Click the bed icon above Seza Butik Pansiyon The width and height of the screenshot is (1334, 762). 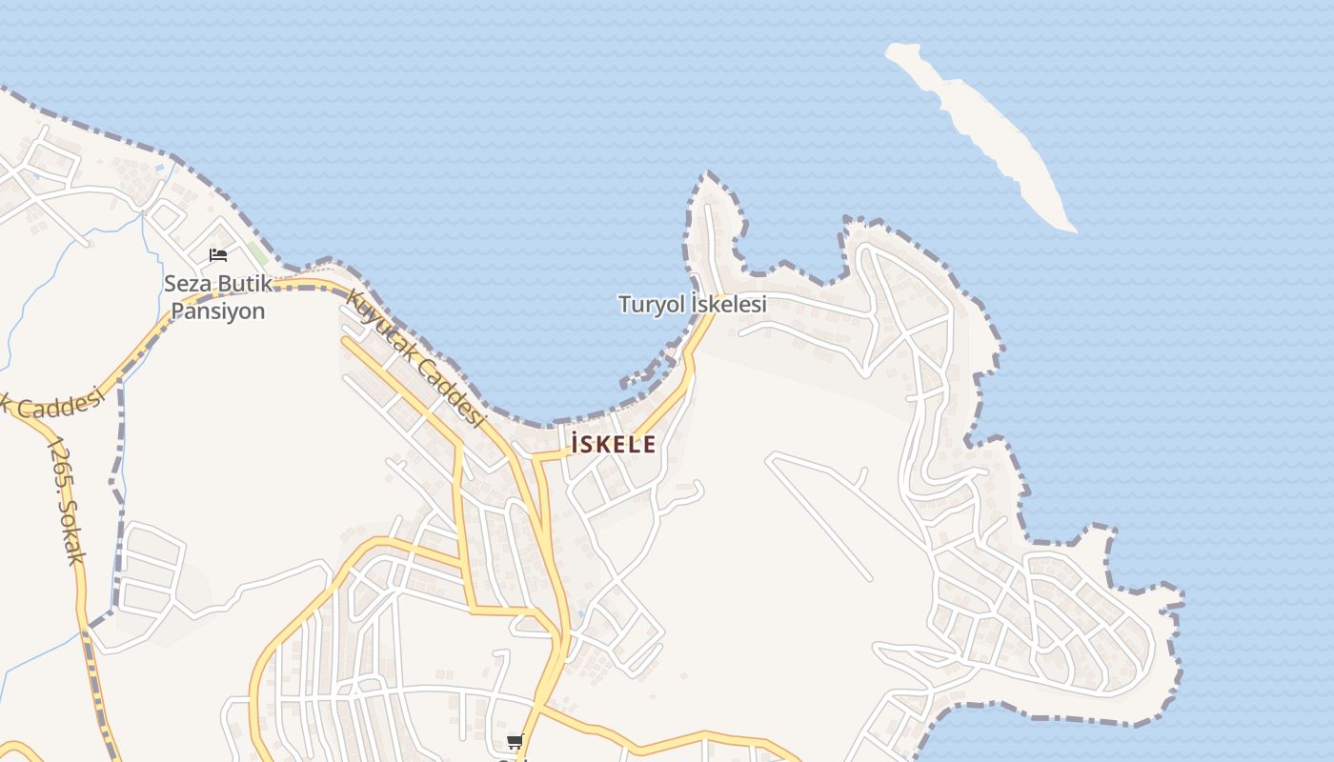218,255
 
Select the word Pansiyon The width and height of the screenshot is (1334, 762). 217,311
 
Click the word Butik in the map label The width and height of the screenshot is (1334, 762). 243,284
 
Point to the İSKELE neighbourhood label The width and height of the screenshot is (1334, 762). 614,444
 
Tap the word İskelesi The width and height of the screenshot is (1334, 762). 729,305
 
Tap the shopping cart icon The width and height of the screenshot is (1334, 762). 515,741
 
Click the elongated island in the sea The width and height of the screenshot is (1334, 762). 981,133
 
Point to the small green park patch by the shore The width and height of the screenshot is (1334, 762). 258,253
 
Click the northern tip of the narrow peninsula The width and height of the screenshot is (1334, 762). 707,176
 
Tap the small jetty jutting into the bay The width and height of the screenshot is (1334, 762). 633,379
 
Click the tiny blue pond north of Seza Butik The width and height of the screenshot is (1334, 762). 159,169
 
